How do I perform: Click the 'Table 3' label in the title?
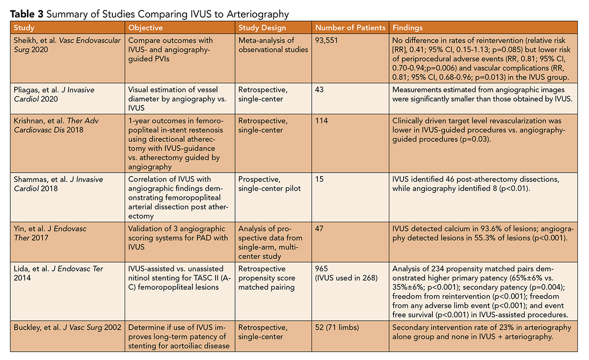pos(23,13)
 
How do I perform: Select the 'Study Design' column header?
pos(262,28)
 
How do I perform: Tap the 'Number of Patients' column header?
pos(350,28)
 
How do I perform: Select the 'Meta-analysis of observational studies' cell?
pos(269,45)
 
